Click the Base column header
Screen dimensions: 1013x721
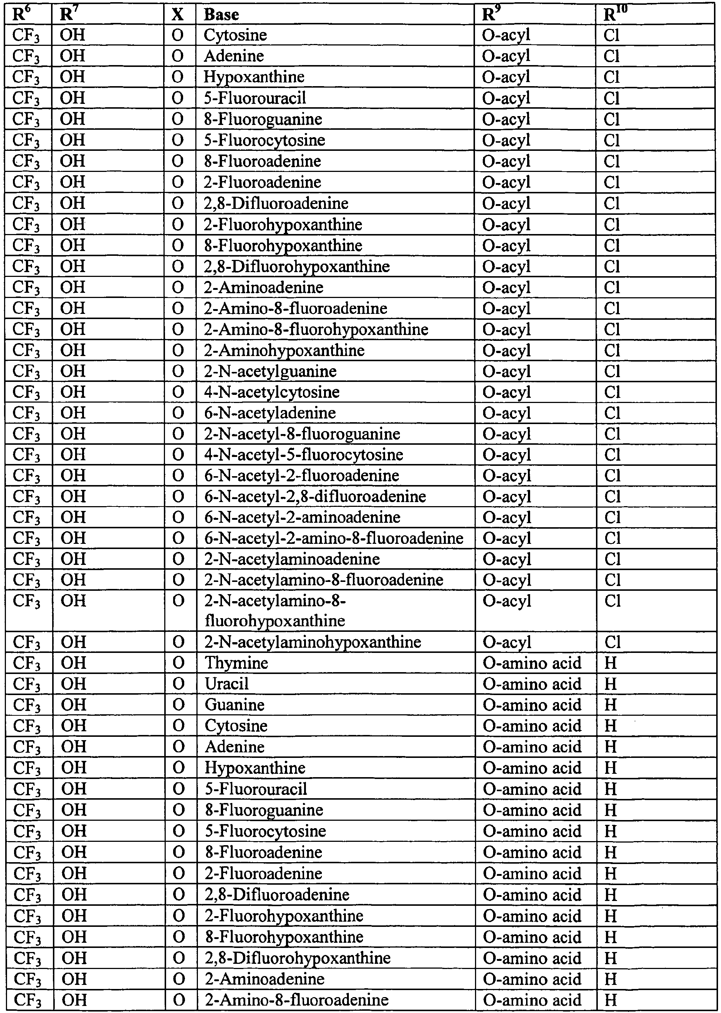(x=221, y=15)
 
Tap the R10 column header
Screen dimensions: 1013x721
(x=615, y=15)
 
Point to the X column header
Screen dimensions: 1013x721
(x=178, y=15)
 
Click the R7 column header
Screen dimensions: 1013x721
(x=67, y=15)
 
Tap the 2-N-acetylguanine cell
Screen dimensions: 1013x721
(x=270, y=371)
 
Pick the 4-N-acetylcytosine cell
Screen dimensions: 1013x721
(x=272, y=392)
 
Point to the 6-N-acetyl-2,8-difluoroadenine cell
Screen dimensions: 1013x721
(x=315, y=496)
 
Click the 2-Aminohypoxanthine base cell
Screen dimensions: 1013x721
(x=284, y=350)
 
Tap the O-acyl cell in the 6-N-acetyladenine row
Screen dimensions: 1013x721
(x=506, y=413)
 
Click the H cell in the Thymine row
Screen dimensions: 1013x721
(x=610, y=663)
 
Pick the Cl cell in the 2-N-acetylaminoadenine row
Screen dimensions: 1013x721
(x=612, y=559)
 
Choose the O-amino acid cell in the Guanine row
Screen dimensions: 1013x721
(x=532, y=705)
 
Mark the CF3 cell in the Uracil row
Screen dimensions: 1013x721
(x=27, y=684)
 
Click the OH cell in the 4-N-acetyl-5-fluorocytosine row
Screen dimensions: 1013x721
(x=73, y=454)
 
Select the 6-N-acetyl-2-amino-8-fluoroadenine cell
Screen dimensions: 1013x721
(x=334, y=538)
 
